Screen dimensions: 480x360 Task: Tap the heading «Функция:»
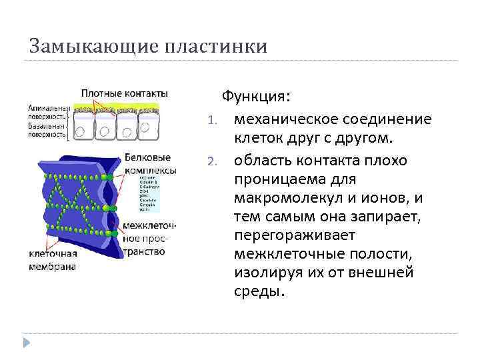pyautogui.click(x=256, y=97)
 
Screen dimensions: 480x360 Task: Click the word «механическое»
pyautogui.click(x=285, y=119)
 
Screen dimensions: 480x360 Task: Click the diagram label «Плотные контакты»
pyautogui.click(x=125, y=93)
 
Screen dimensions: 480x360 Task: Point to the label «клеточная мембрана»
pyautogui.click(x=53, y=261)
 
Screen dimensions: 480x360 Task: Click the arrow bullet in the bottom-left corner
pyautogui.click(x=27, y=342)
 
